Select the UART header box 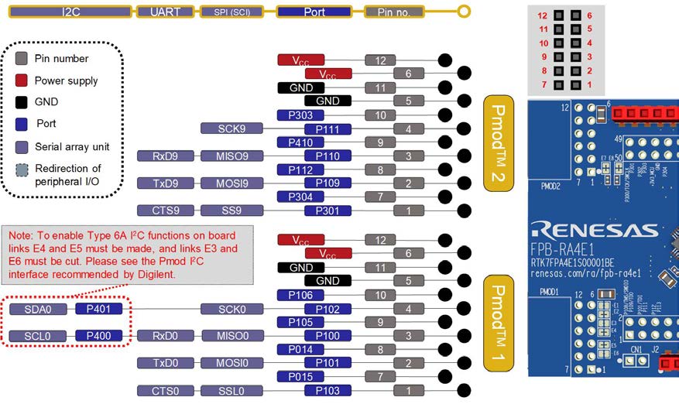pos(165,12)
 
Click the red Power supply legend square pos(22,80)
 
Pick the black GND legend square pos(22,101)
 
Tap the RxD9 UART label pos(164,156)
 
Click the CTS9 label pos(164,211)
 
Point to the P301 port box pos(327,211)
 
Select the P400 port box pos(98,336)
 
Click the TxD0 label pos(164,363)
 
